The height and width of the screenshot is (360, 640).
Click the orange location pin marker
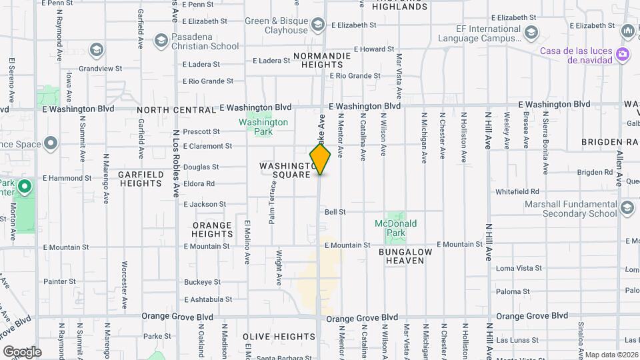tap(320, 159)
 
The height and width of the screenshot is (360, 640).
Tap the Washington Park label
tap(263, 127)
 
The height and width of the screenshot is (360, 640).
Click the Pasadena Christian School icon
tap(161, 41)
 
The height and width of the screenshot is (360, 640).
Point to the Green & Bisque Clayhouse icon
tap(317, 25)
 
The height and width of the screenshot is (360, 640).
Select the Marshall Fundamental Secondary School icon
tap(627, 209)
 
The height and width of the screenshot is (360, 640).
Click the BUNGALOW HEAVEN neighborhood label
tap(405, 256)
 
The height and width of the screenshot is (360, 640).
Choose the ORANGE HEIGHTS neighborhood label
tap(212, 229)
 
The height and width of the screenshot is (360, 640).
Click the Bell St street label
tap(335, 212)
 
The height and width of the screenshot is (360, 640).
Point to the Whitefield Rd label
tap(517, 192)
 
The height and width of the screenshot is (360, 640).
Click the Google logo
tap(21, 351)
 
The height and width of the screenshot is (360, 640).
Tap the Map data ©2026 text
tap(611, 355)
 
